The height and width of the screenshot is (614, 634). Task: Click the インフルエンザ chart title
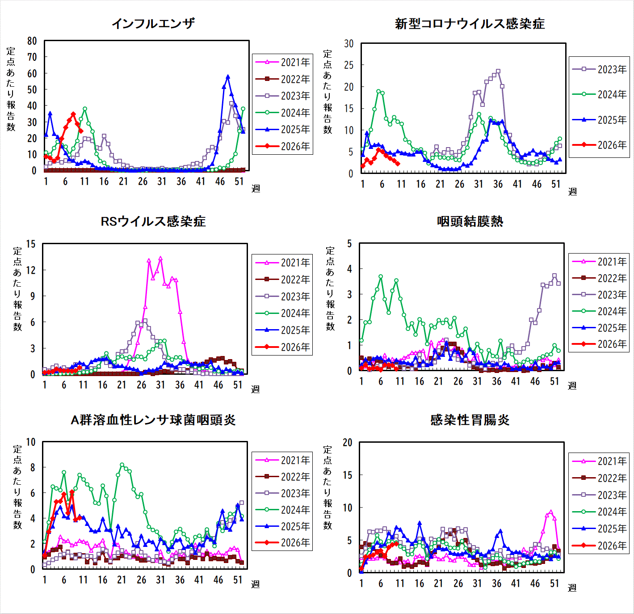tap(153, 23)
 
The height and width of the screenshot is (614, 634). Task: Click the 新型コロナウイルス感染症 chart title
tap(470, 24)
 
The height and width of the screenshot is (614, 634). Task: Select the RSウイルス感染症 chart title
tap(153, 221)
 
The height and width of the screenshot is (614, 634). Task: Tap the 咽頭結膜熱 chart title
tap(470, 221)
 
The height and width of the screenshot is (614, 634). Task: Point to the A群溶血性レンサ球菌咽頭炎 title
tap(153, 420)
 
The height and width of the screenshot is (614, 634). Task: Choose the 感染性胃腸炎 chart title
tap(470, 420)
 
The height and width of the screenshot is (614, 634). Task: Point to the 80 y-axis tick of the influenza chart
tap(32, 41)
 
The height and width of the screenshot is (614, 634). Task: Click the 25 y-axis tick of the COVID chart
tap(349, 65)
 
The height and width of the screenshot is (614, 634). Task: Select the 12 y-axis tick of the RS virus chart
tap(31, 270)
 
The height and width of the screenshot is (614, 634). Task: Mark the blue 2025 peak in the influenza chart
tap(228, 77)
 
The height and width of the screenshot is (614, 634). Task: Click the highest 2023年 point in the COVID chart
tap(498, 71)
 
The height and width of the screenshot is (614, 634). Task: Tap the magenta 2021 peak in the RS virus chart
tap(160, 258)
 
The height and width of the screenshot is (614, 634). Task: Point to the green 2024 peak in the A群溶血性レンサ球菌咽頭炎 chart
tap(122, 465)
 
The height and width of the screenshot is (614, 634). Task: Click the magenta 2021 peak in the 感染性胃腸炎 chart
tap(550, 512)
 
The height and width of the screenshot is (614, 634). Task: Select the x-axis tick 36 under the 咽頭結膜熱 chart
tap(497, 381)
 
